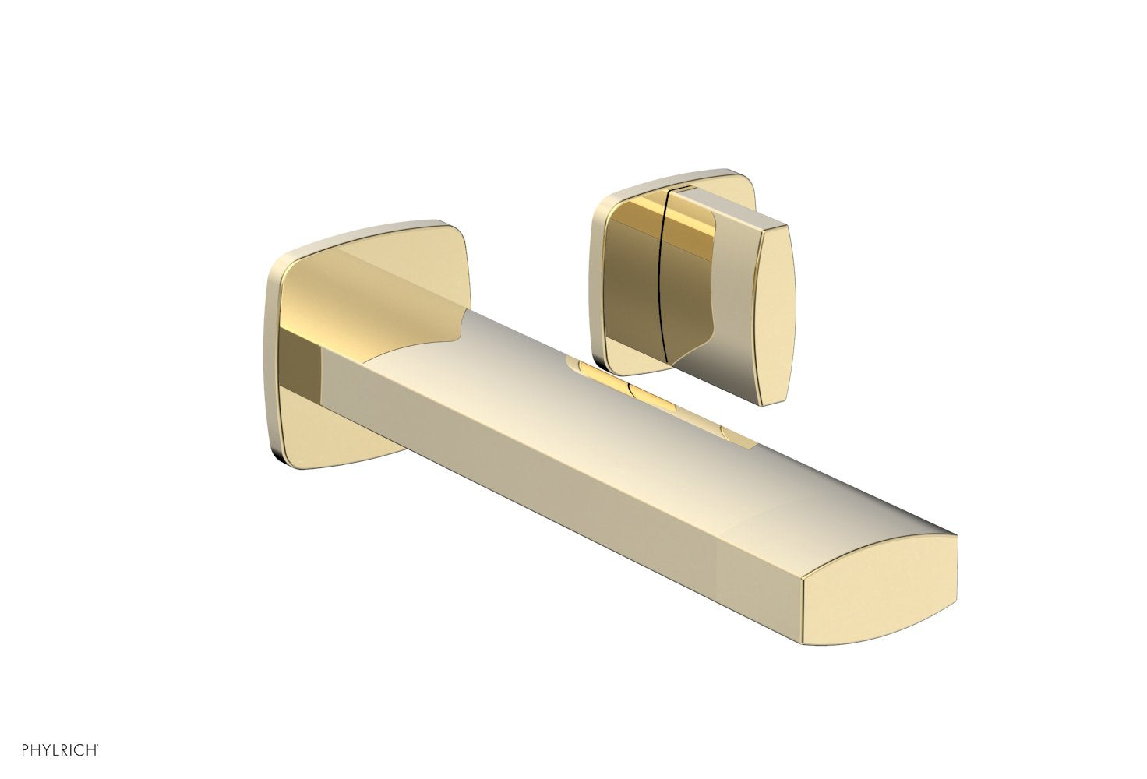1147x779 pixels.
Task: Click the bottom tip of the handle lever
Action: pyautogui.click(x=771, y=402)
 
